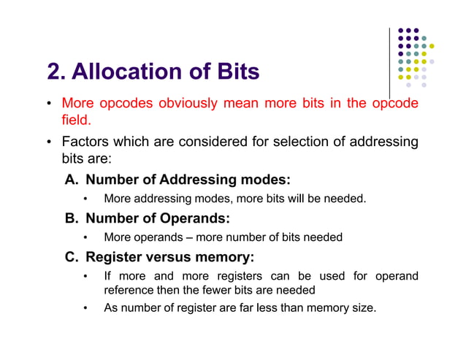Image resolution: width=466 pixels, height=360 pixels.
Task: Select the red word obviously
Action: pyautogui.click(x=181, y=103)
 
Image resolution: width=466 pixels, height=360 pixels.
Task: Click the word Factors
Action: pyautogui.click(x=87, y=141)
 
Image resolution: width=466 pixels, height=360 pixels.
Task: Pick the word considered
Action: pyautogui.click(x=213, y=141)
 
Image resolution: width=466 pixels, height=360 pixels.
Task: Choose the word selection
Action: pyautogui.click(x=299, y=141)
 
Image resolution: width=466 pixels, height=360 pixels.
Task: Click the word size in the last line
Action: pyautogui.click(x=362, y=308)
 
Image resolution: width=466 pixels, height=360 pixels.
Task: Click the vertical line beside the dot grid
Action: pyautogui.click(x=390, y=62)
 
